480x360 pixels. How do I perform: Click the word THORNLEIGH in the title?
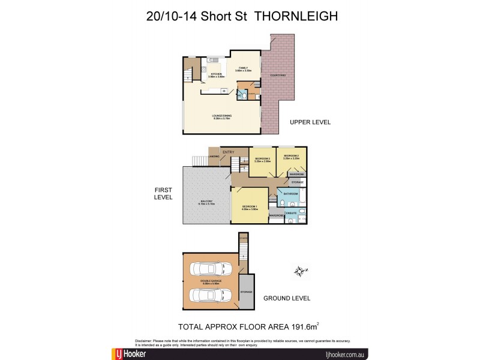click(x=296, y=16)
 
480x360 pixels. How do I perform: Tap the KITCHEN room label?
click(x=215, y=74)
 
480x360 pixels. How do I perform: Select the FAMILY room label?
click(x=243, y=68)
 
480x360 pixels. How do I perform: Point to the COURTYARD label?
click(x=277, y=75)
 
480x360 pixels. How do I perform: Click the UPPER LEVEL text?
click(x=310, y=122)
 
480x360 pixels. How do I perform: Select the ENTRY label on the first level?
click(x=228, y=152)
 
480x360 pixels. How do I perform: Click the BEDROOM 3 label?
click(x=263, y=158)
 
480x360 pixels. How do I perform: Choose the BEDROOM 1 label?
click(x=250, y=206)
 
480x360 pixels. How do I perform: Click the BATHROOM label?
click(x=291, y=194)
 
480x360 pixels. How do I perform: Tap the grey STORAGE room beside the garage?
click(x=246, y=292)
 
